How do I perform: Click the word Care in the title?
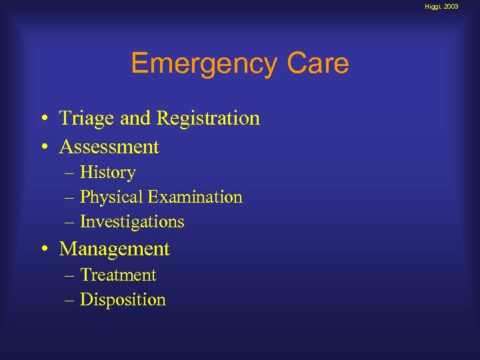318,64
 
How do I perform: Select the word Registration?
208,119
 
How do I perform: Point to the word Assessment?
109,147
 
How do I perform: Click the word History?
107,173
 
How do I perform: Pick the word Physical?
111,197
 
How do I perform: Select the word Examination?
195,197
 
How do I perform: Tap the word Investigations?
132,222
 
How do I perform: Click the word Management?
115,249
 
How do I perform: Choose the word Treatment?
118,275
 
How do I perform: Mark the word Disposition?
123,300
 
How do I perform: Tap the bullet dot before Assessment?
42,147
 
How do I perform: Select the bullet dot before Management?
42,250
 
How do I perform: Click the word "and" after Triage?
136,119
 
